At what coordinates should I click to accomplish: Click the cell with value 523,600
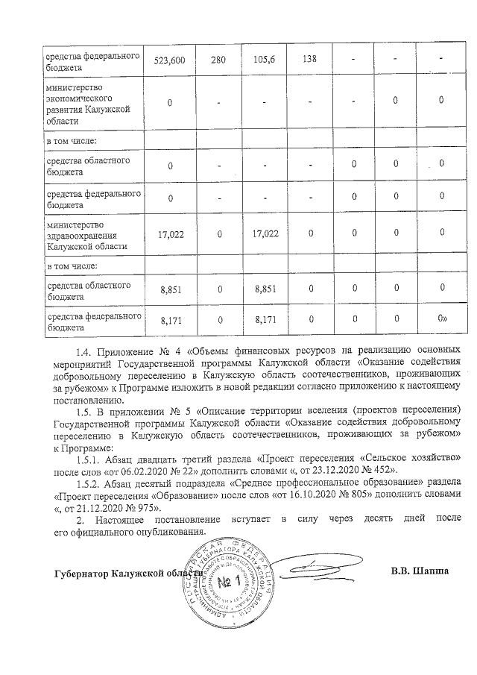170,59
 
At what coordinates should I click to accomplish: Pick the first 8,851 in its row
170,287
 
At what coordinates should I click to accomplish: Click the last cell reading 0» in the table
442,320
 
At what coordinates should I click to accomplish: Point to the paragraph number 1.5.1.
91,456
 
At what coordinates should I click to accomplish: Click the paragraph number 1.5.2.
91,483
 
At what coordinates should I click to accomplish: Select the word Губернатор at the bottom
81,574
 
